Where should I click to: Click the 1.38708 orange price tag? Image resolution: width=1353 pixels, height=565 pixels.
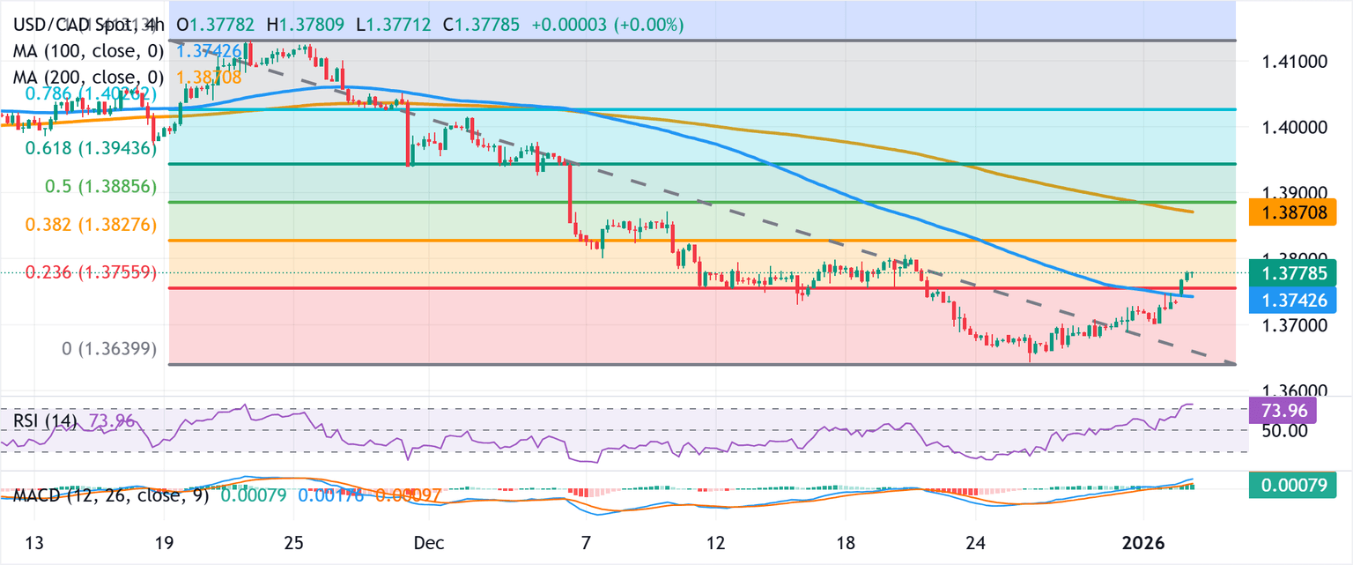1300,212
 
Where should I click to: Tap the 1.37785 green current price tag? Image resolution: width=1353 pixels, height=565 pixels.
1300,273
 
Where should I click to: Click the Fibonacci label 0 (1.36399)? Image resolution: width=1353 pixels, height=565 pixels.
109,349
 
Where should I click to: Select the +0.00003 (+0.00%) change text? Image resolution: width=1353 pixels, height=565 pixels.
607,25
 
